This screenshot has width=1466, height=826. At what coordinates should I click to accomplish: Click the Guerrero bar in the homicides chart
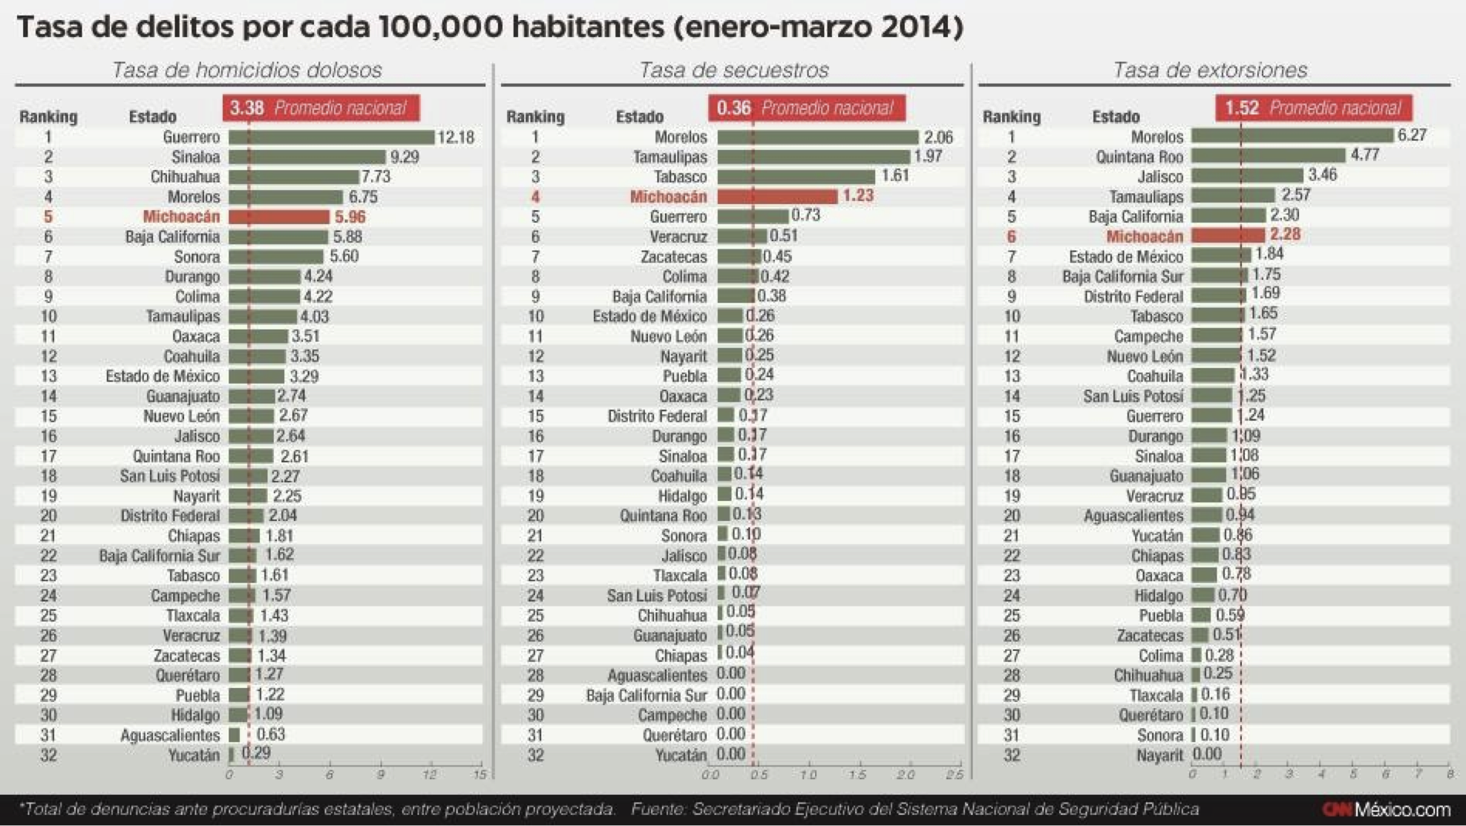point(331,137)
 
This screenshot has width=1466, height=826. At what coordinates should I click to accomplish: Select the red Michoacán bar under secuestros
point(777,197)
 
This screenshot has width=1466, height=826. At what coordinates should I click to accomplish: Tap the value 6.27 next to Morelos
point(1412,135)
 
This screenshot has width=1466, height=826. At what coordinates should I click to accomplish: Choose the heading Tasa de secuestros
point(733,70)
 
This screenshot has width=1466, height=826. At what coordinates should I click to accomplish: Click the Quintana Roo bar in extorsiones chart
point(1268,156)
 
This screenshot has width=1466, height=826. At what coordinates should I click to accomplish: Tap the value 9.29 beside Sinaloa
point(405,157)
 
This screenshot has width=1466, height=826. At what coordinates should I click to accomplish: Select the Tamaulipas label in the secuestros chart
point(670,157)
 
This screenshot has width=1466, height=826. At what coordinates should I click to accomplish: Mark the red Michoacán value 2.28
point(1285,235)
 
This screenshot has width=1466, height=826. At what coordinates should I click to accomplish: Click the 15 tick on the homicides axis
point(480,774)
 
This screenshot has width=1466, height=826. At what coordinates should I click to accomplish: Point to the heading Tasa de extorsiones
point(1209,70)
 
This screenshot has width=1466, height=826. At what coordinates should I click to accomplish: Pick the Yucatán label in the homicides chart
point(194,755)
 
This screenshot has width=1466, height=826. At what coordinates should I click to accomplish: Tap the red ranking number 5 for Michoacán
point(48,217)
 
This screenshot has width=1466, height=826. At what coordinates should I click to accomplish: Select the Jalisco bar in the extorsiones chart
point(1247,176)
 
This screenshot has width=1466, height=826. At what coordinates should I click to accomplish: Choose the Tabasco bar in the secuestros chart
point(796,177)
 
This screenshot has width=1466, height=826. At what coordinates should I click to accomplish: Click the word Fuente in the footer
point(658,809)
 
